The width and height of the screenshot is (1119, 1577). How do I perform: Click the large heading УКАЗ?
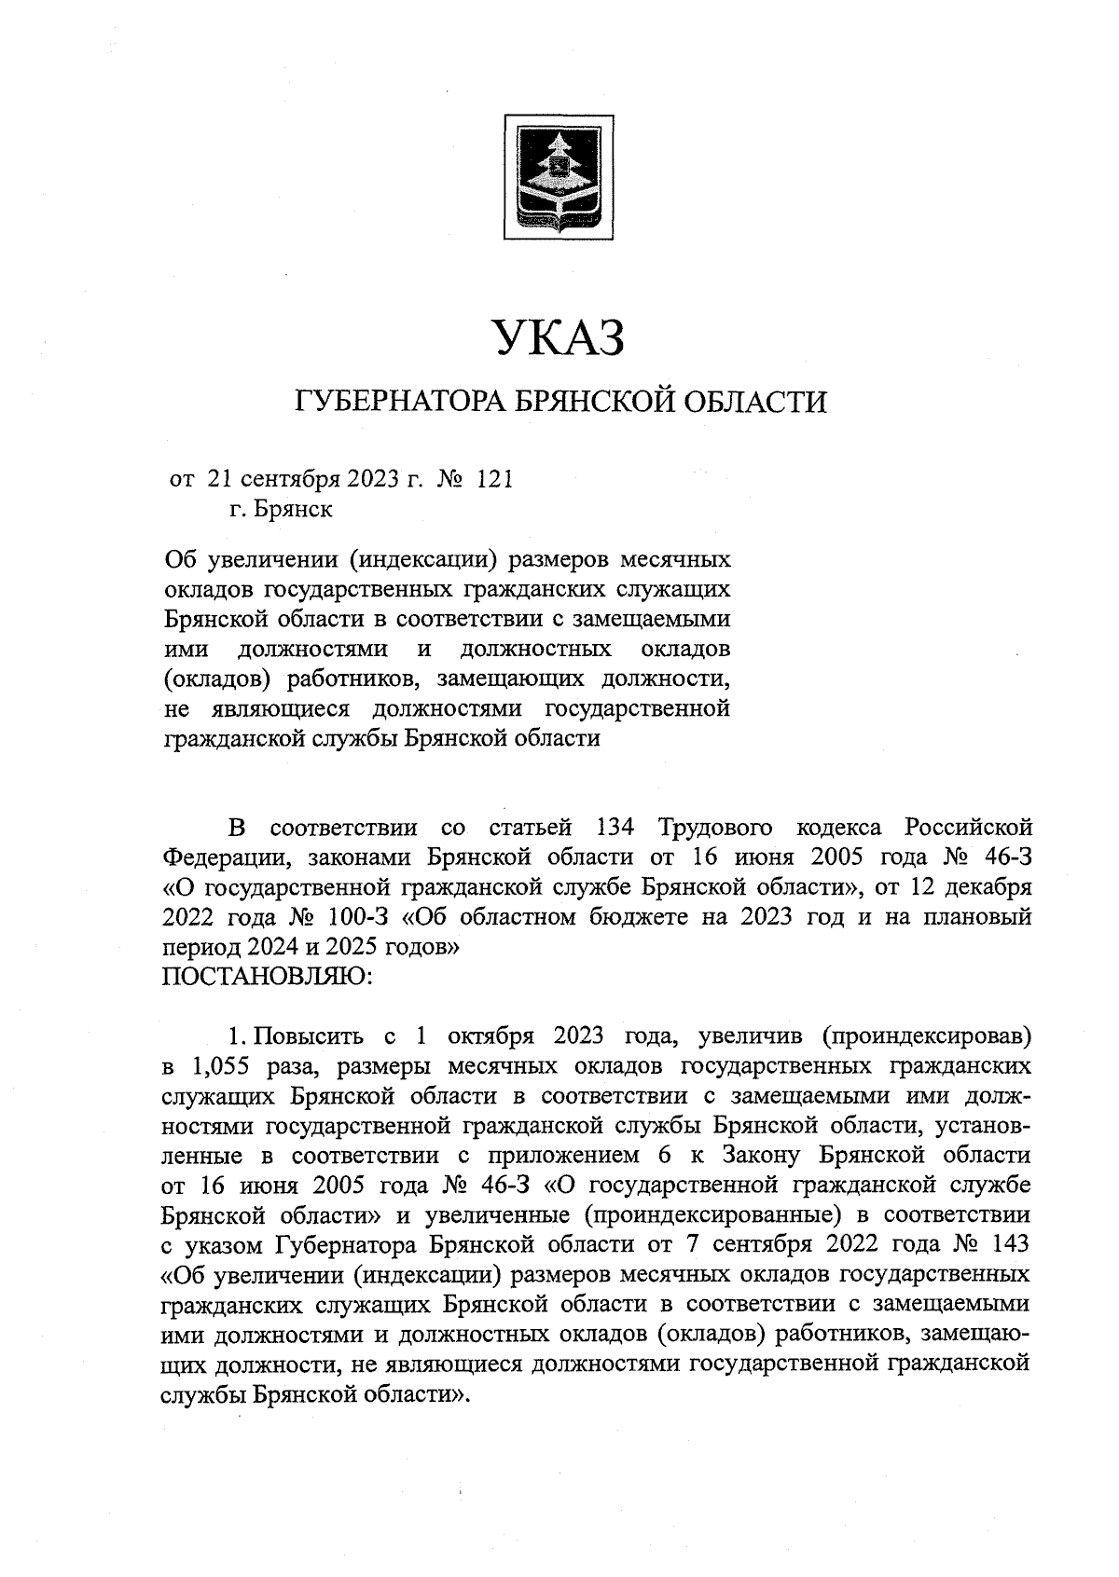[x=558, y=337]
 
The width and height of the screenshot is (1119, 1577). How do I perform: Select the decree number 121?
[x=494, y=479]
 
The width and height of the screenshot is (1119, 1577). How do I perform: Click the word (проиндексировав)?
[x=927, y=1035]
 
